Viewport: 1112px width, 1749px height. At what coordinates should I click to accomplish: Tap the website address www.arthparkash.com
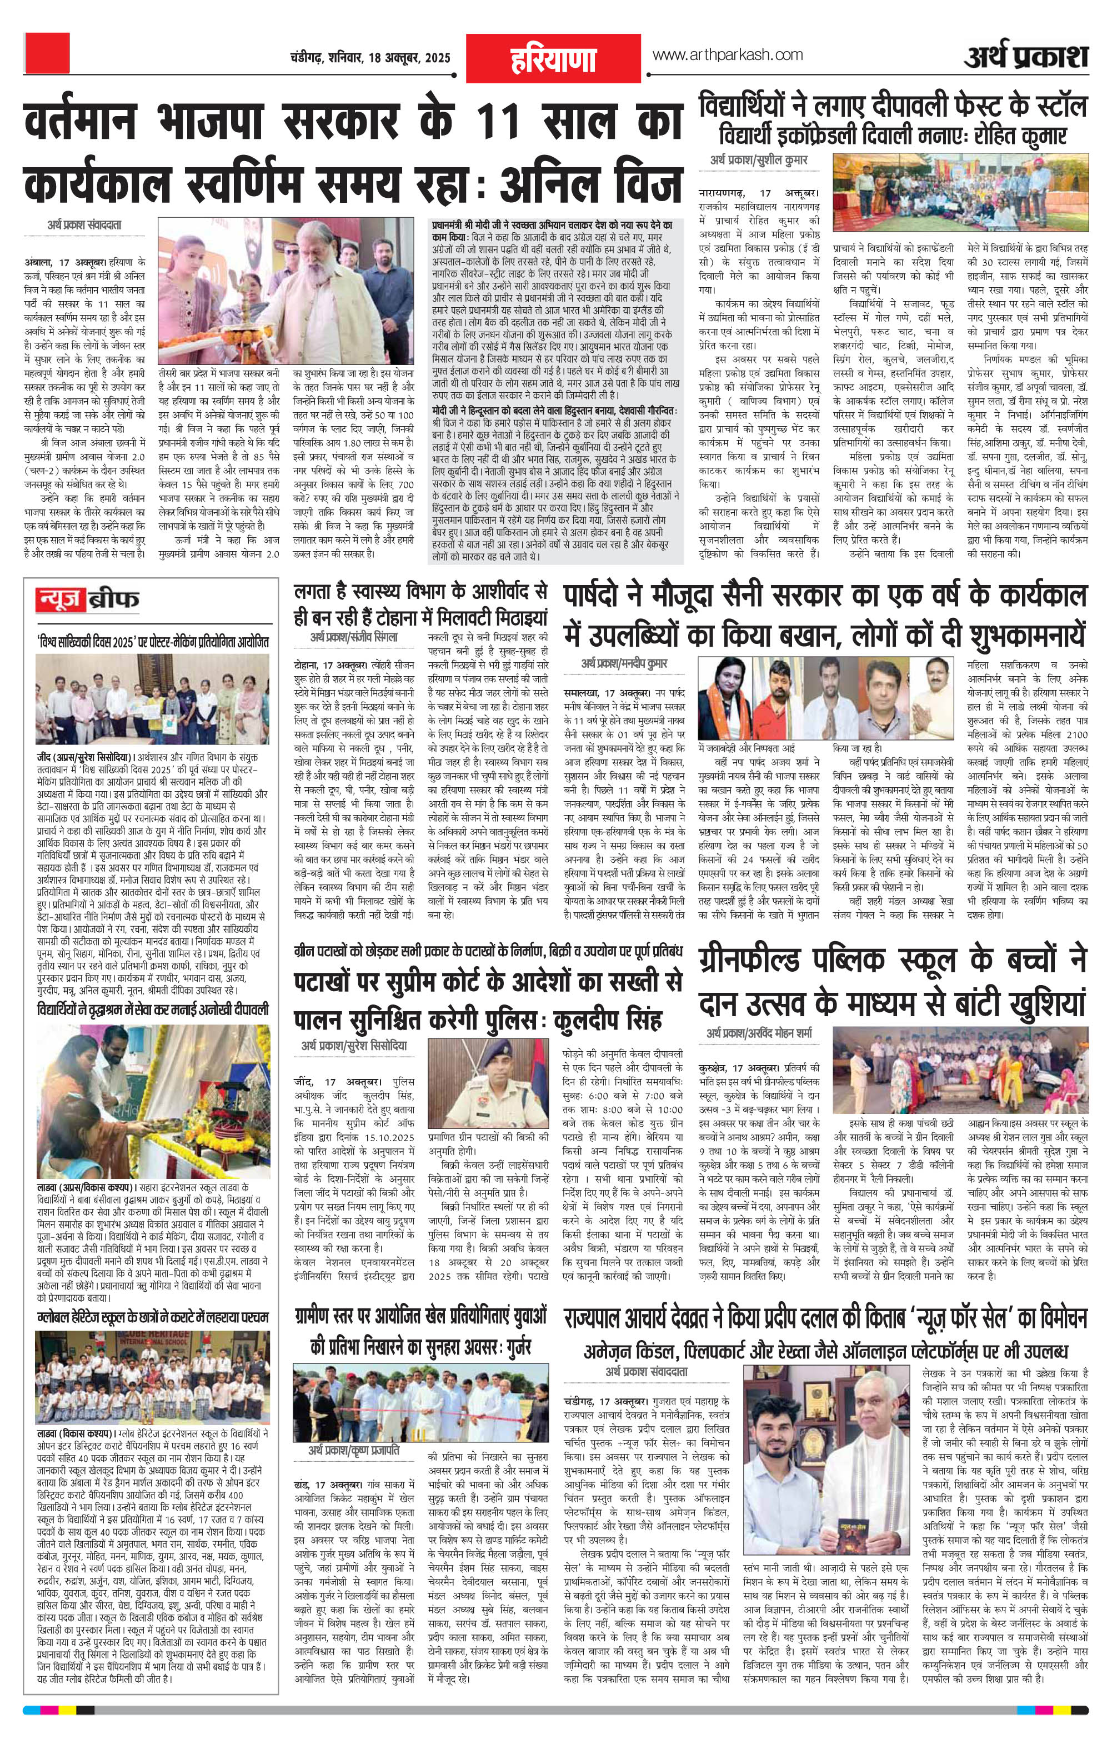pos(727,54)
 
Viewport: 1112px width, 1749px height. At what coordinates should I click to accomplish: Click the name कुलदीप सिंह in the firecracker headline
pos(609,1018)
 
